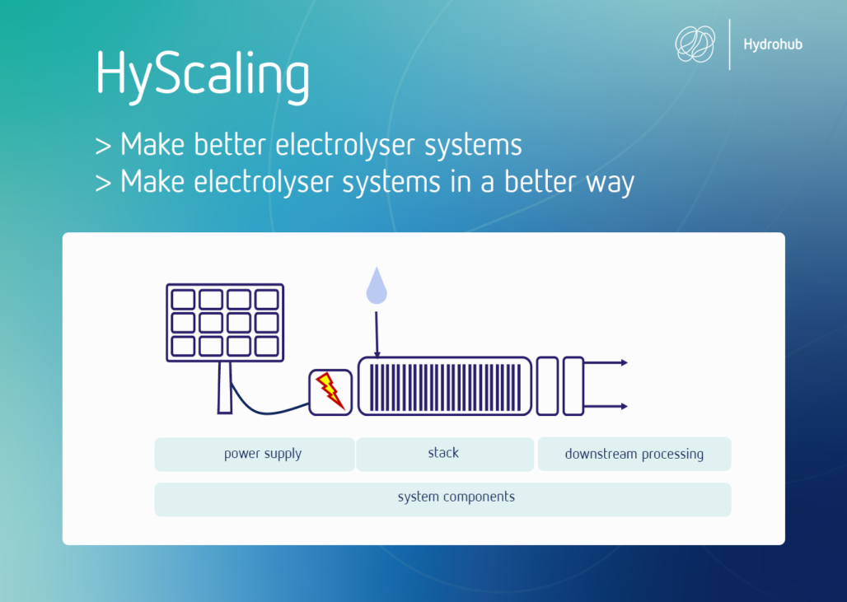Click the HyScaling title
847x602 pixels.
(x=203, y=76)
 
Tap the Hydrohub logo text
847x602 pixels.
(x=773, y=44)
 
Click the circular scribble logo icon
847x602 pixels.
(x=695, y=44)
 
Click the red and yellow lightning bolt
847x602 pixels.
(x=330, y=390)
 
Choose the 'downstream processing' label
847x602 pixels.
(x=634, y=454)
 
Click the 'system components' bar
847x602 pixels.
(x=443, y=499)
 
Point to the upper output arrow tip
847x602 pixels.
(x=627, y=363)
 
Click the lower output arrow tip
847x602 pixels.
(x=627, y=406)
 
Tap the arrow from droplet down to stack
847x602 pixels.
(x=377, y=334)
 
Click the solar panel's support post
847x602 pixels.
(x=225, y=388)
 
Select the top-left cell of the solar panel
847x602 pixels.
(x=183, y=299)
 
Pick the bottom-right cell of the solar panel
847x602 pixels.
(x=266, y=346)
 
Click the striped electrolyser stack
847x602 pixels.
(x=445, y=386)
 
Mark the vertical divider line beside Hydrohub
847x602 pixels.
(x=729, y=44)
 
